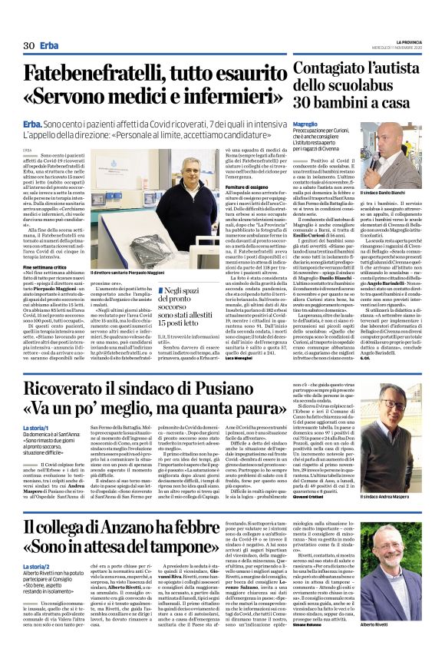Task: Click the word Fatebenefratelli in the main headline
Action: click(91, 74)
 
